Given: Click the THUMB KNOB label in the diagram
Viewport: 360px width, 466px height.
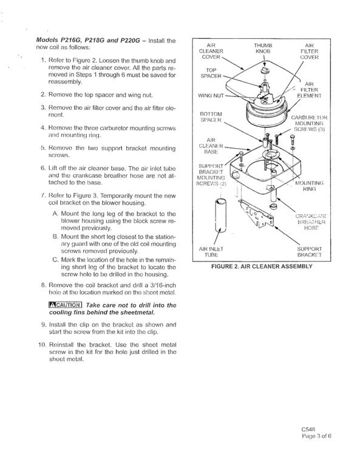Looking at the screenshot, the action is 263,48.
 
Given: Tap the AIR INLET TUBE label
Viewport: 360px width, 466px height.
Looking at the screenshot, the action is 211,252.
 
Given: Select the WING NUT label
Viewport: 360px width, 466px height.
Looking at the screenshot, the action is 211,96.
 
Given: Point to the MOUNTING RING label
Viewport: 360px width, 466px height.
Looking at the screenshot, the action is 309,186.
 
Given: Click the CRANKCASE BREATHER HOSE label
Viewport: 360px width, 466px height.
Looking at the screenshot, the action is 311,221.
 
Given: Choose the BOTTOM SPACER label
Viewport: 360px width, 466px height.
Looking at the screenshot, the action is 211,116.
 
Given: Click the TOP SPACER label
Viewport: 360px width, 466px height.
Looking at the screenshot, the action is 211,73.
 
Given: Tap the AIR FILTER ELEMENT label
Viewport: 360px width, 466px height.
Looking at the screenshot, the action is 309,90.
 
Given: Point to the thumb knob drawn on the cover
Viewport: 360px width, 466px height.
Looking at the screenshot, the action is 265,70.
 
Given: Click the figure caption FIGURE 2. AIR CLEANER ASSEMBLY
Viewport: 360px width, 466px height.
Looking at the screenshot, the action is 262,266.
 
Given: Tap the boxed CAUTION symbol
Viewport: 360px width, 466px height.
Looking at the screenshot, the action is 65,305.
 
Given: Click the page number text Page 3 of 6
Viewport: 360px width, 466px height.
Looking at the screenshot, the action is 316,436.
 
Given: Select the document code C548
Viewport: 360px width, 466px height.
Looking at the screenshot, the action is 308,429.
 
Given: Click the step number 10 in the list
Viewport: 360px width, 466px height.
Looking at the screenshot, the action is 42,345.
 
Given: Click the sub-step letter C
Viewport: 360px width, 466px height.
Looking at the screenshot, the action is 55,260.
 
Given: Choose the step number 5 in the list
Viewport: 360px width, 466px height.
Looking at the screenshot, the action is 43,148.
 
